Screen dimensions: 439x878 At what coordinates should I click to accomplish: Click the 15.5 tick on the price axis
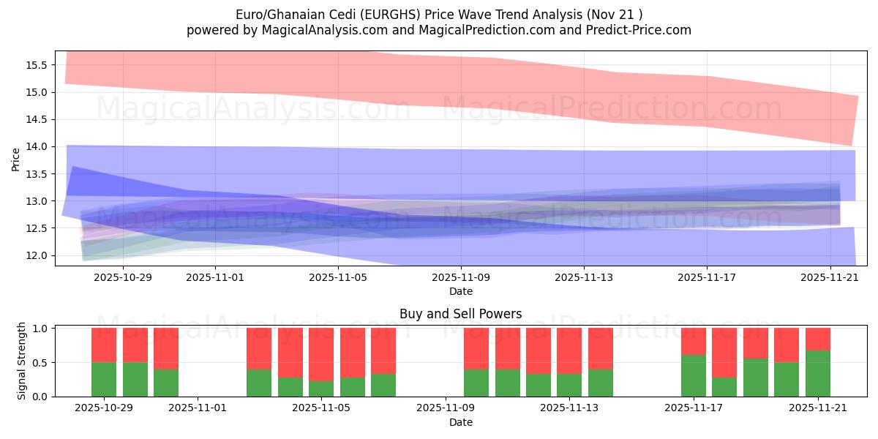[37, 64]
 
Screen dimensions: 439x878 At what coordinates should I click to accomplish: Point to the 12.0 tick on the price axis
[37, 255]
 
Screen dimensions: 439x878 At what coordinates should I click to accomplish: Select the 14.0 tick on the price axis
[37, 146]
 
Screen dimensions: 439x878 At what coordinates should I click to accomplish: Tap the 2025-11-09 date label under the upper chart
[460, 278]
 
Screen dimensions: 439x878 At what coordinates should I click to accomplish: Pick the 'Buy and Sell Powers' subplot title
[460, 314]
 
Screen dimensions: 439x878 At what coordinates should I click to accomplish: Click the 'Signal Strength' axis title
[22, 361]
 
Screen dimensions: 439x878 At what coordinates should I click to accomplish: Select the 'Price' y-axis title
[16, 158]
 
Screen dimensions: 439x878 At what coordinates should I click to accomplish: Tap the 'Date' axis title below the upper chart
[460, 291]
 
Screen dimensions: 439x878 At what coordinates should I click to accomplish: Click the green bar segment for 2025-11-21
[817, 373]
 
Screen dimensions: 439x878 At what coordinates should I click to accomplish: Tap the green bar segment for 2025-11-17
[694, 375]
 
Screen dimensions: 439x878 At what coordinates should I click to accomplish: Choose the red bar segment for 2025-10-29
[104, 345]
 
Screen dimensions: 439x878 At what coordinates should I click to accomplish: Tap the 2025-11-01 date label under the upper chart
[214, 278]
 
